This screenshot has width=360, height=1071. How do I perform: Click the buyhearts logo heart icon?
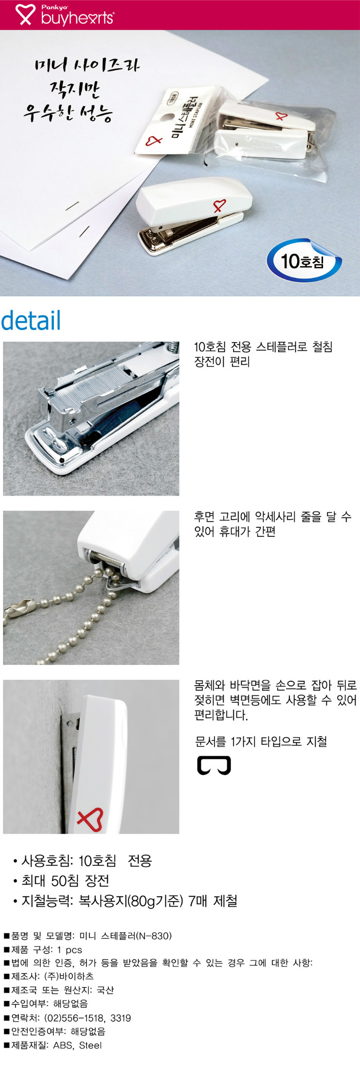pyautogui.click(x=25, y=15)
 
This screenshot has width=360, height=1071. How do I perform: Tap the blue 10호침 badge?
pyautogui.click(x=304, y=261)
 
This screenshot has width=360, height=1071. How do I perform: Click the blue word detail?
pyautogui.click(x=31, y=321)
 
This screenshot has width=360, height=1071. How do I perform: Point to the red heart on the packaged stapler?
pyautogui.click(x=281, y=116)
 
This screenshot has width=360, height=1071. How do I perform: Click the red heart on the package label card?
pyautogui.click(x=154, y=141)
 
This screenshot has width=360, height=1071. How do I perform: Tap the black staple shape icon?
pyautogui.click(x=214, y=765)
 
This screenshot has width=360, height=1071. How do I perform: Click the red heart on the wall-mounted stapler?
pyautogui.click(x=90, y=819)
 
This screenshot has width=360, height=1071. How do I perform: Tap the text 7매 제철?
pyautogui.click(x=213, y=901)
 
